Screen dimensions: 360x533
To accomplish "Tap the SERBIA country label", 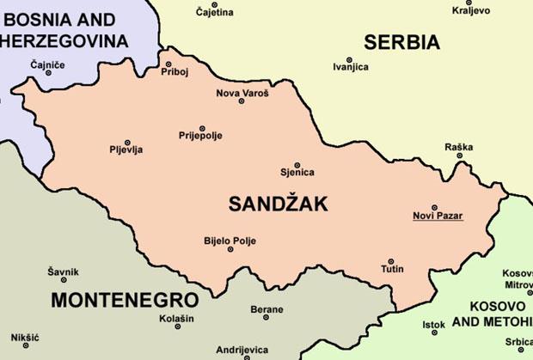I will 401,41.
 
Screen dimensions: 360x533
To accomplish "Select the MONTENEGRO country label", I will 124,300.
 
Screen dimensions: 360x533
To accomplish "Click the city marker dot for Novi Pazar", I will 434,207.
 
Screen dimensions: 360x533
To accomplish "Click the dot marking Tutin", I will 391,261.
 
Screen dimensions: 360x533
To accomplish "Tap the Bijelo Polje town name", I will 230,241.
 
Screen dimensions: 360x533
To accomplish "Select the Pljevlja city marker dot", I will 127,142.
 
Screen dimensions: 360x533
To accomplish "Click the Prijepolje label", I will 200,136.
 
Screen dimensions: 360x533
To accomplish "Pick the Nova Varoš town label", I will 242,92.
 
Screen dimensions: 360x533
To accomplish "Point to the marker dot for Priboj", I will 168,63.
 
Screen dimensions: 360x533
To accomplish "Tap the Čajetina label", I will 214,12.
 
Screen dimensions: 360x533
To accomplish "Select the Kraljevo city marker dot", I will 457,3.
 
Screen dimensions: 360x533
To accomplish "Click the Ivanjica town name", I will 350,66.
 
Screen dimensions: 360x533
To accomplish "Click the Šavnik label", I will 63,272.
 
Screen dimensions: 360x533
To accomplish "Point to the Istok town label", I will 433,325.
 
